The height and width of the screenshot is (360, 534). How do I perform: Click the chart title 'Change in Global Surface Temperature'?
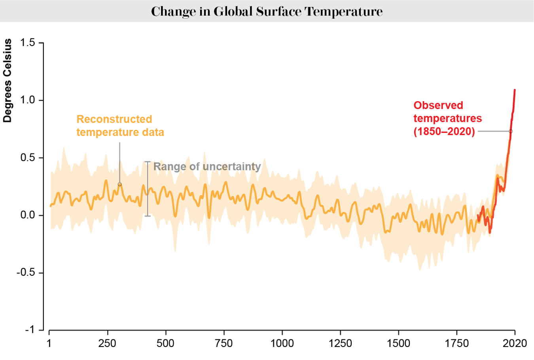pos(267,11)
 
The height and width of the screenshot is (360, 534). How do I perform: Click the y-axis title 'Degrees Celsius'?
pos(8,81)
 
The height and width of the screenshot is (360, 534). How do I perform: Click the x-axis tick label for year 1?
pos(49,343)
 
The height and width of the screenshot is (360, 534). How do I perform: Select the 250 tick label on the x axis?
pos(107,343)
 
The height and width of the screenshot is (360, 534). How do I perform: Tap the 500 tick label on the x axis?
pos(165,343)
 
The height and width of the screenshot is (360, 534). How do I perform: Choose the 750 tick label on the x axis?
pos(223,343)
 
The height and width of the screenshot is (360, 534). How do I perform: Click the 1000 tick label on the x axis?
pos(282,343)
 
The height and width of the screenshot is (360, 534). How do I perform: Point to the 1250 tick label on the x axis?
pos(340,343)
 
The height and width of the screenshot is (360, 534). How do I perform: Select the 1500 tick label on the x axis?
pos(398,343)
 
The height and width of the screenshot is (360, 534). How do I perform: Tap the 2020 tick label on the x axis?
pos(515,343)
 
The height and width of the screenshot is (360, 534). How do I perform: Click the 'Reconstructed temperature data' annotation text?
pos(120,125)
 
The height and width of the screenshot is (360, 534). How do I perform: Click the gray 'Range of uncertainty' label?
pos(207,167)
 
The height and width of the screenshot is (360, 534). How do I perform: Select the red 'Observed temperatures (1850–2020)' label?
pos(447,118)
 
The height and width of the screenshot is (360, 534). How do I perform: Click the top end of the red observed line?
pos(515,90)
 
